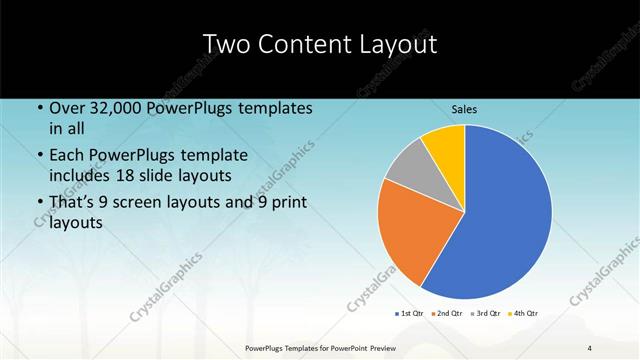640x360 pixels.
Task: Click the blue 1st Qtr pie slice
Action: pyautogui.click(x=500, y=220)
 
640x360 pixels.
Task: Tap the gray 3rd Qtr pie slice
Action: pyautogui.click(x=406, y=168)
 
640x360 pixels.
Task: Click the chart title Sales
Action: pyautogui.click(x=464, y=108)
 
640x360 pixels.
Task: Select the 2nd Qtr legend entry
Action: pyautogui.click(x=446, y=314)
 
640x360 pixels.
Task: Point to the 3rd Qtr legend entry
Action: pyautogui.click(x=485, y=314)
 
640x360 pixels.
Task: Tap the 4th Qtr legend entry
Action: pyautogui.click(x=524, y=314)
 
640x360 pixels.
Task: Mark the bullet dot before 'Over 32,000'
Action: pyautogui.click(x=39, y=108)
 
